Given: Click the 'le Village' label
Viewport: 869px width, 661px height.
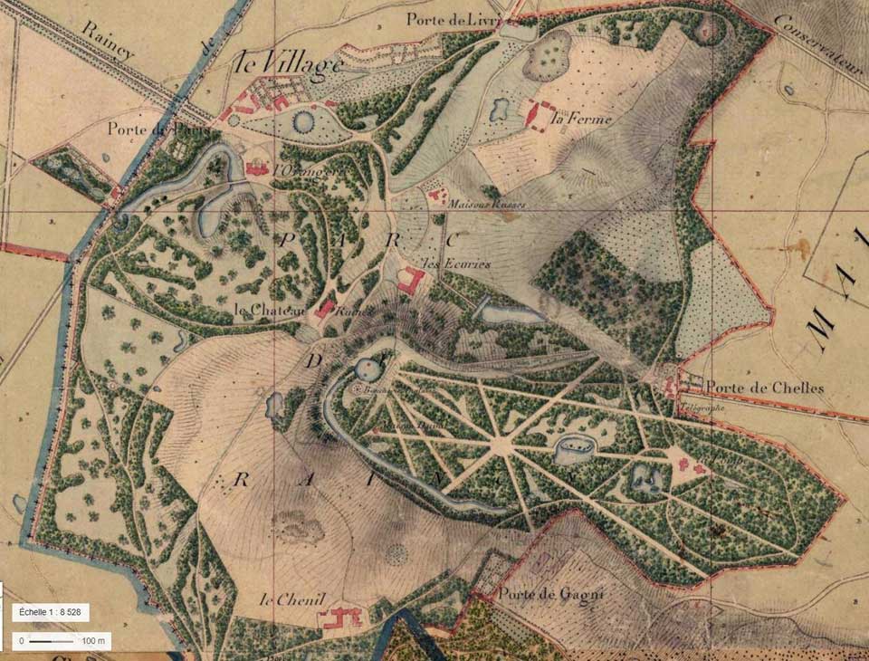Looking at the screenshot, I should coord(288,64).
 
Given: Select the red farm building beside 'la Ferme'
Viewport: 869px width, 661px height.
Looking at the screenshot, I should coord(540,115).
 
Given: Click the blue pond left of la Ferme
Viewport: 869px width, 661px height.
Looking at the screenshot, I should coord(499,110).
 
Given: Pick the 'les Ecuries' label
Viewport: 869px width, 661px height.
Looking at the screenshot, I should coord(457,263).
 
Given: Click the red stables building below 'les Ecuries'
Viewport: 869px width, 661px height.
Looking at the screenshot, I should coord(411,282).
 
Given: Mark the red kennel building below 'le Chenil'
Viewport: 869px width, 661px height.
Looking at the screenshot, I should coord(339,618).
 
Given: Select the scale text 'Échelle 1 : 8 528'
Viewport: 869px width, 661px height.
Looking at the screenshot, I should coord(52,613).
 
